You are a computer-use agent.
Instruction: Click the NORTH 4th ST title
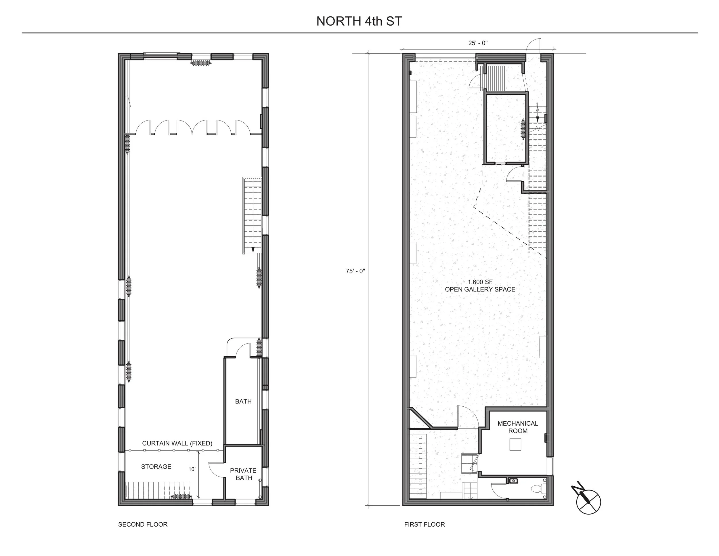[359, 21]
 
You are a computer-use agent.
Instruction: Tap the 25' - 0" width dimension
[478, 43]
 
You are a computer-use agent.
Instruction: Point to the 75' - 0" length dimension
[355, 271]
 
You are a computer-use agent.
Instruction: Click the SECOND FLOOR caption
[143, 524]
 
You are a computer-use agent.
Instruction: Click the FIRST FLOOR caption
[424, 524]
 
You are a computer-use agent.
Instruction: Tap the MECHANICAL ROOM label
[518, 427]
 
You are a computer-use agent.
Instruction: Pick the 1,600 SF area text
[480, 282]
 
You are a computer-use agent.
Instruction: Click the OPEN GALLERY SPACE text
[480, 290]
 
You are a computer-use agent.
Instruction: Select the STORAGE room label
[156, 466]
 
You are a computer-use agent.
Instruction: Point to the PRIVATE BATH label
[243, 474]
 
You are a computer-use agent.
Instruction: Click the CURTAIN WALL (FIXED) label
[177, 443]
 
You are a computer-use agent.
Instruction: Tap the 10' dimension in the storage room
[192, 469]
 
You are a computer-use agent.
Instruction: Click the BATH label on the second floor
[243, 401]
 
